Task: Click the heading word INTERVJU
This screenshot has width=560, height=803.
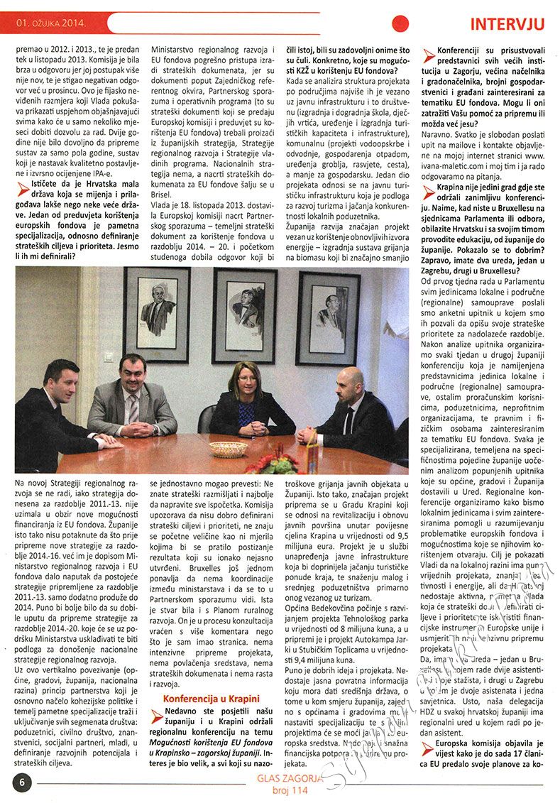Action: (507, 24)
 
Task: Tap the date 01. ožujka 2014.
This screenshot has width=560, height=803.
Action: (50, 24)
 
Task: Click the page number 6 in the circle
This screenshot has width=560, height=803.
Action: (22, 781)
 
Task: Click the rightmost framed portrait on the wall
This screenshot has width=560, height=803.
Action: (327, 317)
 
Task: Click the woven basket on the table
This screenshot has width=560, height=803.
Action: (228, 449)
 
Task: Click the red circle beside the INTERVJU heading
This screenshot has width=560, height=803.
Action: (401, 23)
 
